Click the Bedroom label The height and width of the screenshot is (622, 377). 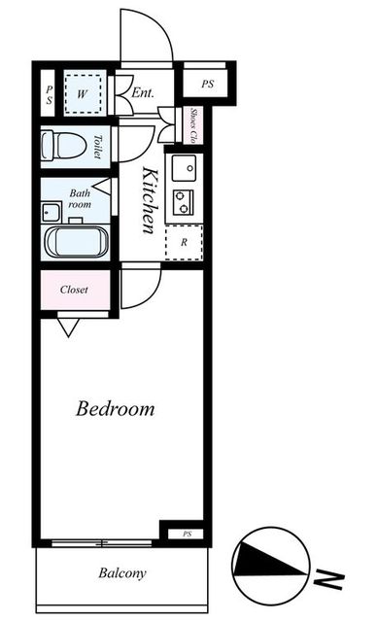point(115,408)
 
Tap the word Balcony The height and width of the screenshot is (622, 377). point(122,573)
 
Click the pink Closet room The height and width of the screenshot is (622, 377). point(76,290)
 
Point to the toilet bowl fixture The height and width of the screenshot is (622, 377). point(64,145)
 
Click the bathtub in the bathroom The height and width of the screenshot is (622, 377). point(77,242)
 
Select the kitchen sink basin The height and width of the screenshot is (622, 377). point(184,168)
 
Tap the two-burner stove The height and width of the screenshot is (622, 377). point(184,202)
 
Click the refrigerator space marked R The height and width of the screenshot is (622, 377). point(184,243)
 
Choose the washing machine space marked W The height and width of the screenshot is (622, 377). point(83,94)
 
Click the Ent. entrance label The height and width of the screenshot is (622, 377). point(143,93)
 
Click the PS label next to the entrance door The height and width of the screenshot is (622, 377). point(208,85)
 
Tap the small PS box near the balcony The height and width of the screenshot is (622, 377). point(187,534)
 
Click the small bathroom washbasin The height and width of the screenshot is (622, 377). point(51,212)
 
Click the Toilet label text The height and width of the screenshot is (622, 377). point(98,147)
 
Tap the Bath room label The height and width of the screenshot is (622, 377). point(80,198)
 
